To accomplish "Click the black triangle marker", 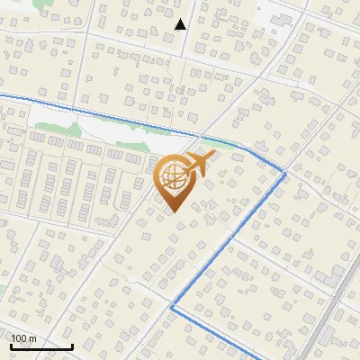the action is (181, 24).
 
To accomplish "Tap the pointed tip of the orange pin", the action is (172, 212).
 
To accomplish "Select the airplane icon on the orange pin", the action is (199, 164).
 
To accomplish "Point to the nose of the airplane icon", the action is (213, 155).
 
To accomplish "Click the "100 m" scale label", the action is (23, 337).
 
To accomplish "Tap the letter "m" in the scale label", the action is (32, 337).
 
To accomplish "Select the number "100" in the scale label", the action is (19, 337).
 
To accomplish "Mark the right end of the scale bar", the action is (72, 346).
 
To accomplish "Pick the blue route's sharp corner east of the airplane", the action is (284, 173).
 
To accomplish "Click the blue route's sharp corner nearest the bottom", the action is (171, 308).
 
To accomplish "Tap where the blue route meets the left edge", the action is (1, 94).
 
